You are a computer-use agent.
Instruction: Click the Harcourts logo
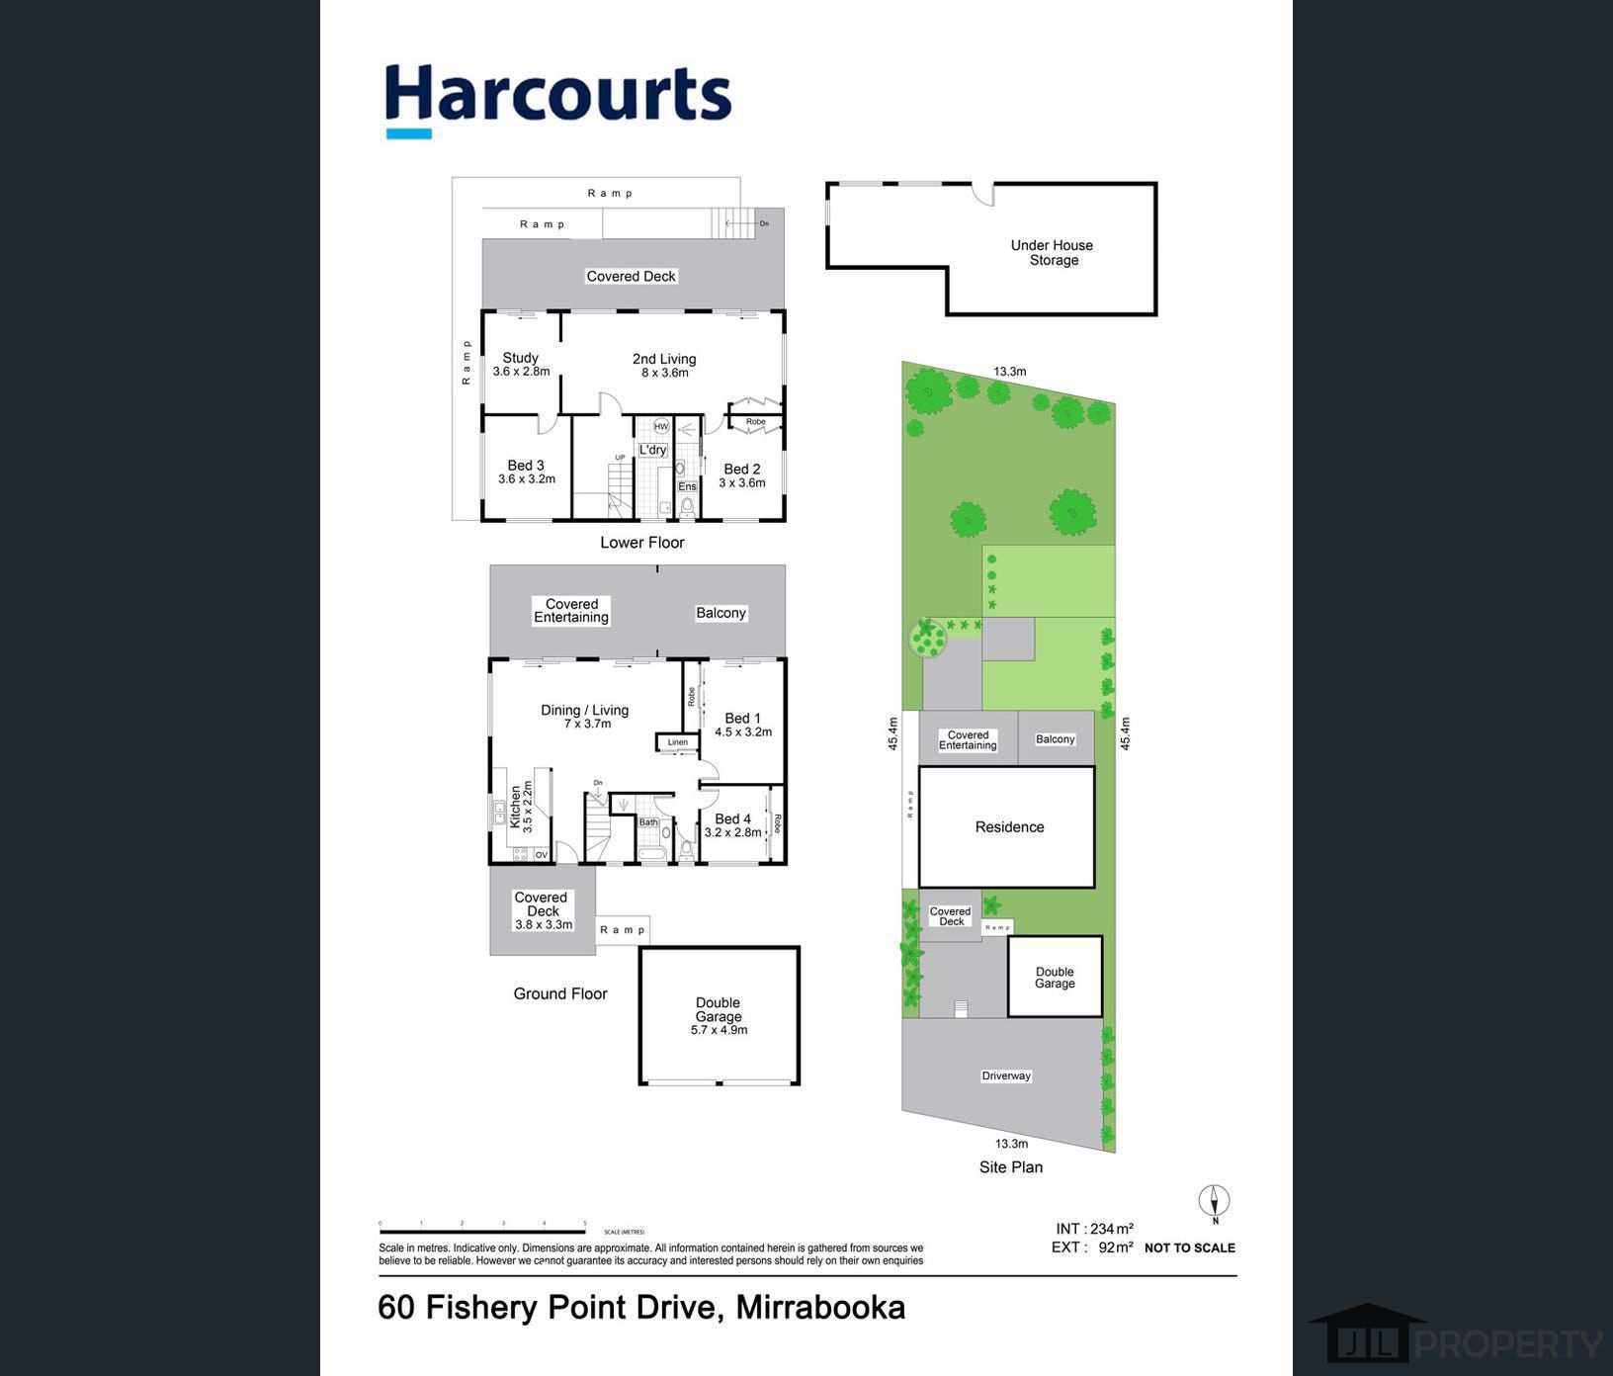pyautogui.click(x=557, y=99)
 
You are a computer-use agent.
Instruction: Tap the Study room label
pyautogui.click(x=521, y=358)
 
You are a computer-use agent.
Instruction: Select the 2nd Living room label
pyautogui.click(x=664, y=359)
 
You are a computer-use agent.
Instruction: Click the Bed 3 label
pyautogui.click(x=526, y=466)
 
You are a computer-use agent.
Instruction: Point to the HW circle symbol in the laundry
pyautogui.click(x=661, y=427)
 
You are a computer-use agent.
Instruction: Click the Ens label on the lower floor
pyautogui.click(x=687, y=486)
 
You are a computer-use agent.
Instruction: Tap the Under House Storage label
pyautogui.click(x=1052, y=252)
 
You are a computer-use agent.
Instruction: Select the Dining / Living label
pyautogui.click(x=584, y=710)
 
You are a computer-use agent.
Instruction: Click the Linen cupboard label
pyautogui.click(x=677, y=742)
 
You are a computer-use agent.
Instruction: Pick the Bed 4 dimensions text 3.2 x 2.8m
pyautogui.click(x=732, y=832)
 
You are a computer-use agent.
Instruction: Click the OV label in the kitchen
pyautogui.click(x=541, y=855)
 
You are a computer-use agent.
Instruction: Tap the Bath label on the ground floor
pyautogui.click(x=648, y=822)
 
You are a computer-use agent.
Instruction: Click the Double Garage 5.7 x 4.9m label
pyautogui.click(x=719, y=1016)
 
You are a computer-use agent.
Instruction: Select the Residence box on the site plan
pyautogui.click(x=1008, y=827)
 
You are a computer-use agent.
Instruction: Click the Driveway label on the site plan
pyautogui.click(x=1006, y=1075)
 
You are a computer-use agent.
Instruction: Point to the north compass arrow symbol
pyautogui.click(x=1214, y=1202)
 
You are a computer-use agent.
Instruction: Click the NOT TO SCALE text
pyautogui.click(x=1189, y=1248)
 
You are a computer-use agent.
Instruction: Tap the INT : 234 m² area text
pyautogui.click(x=1094, y=1229)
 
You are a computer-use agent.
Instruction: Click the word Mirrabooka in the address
pyautogui.click(x=820, y=1308)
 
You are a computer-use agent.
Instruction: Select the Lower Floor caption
pyautogui.click(x=642, y=543)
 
